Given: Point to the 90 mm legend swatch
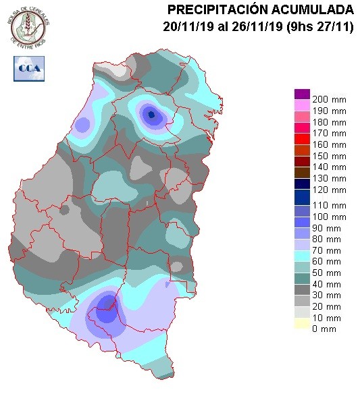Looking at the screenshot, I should point(301,228).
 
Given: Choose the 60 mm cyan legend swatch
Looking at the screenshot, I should point(301,261).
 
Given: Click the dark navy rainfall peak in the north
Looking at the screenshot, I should point(151,115).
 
